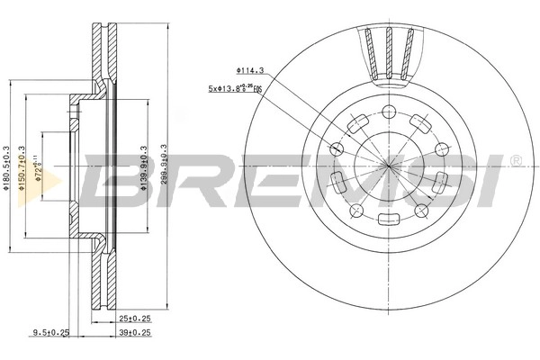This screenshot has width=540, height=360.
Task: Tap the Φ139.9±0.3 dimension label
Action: (x=145, y=169)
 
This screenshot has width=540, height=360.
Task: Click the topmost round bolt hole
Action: (x=389, y=112)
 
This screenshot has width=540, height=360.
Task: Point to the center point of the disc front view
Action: (x=389, y=166)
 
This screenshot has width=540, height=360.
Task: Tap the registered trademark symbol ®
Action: (x=515, y=161)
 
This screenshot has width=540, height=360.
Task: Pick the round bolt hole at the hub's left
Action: (x=337, y=148)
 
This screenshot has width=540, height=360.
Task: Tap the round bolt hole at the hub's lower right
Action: (x=420, y=210)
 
